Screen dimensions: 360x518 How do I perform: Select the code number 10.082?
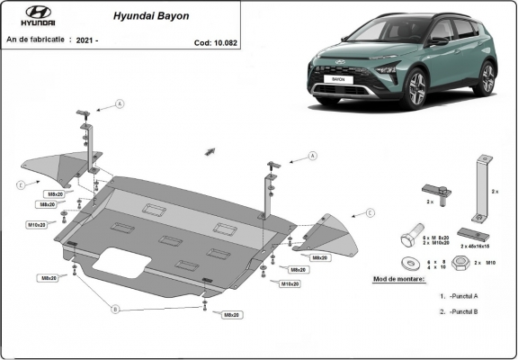[x=213, y=42]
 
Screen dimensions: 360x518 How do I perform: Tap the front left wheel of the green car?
[x=417, y=90]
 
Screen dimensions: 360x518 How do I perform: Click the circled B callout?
[x=115, y=310]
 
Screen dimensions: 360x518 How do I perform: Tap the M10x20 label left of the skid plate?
[x=36, y=224]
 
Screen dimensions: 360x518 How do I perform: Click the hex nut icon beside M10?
[x=458, y=263]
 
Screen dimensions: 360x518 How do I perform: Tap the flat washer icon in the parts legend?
[x=412, y=263]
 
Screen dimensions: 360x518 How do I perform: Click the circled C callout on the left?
[x=20, y=185]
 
